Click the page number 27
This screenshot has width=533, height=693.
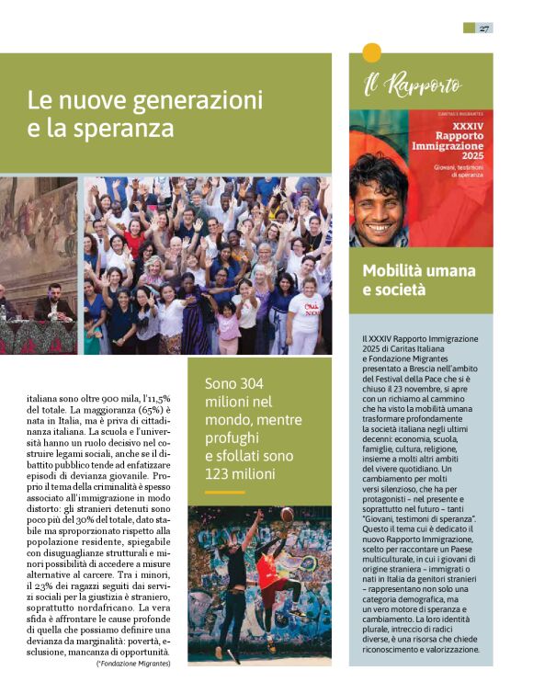click(x=483, y=28)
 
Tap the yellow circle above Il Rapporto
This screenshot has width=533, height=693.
click(x=372, y=52)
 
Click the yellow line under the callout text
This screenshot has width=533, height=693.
click(x=224, y=493)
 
